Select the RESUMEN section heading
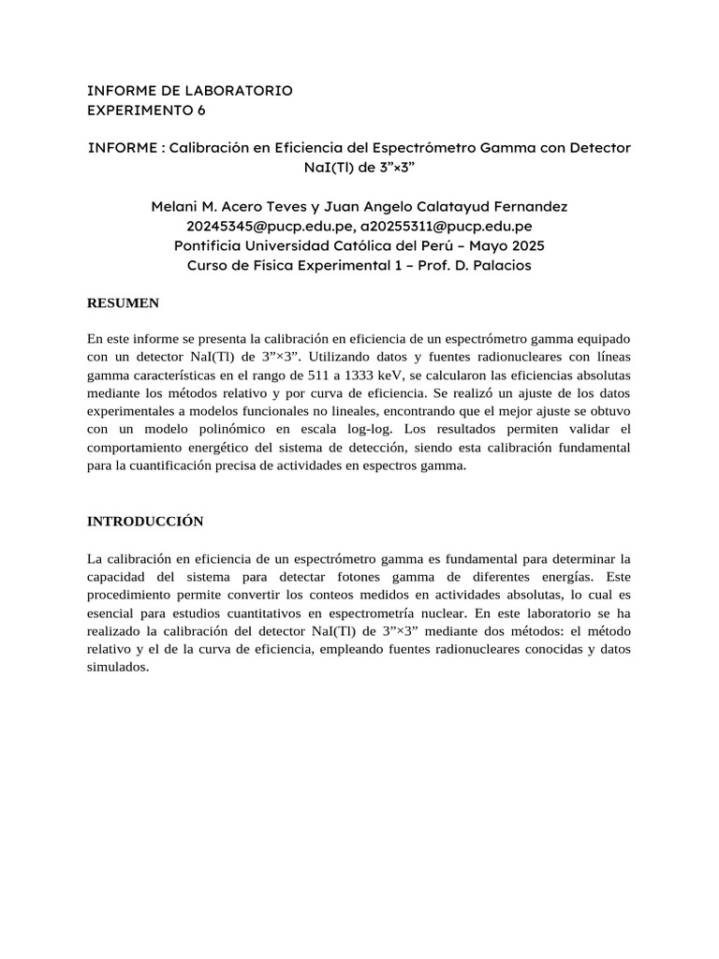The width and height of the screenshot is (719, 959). [x=123, y=303]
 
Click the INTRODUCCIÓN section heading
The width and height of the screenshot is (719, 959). [x=145, y=521]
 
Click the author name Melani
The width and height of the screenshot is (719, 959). [x=178, y=206]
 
